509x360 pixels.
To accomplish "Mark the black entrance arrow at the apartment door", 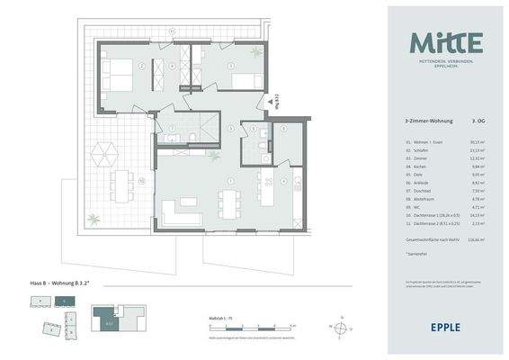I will [263, 102].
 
